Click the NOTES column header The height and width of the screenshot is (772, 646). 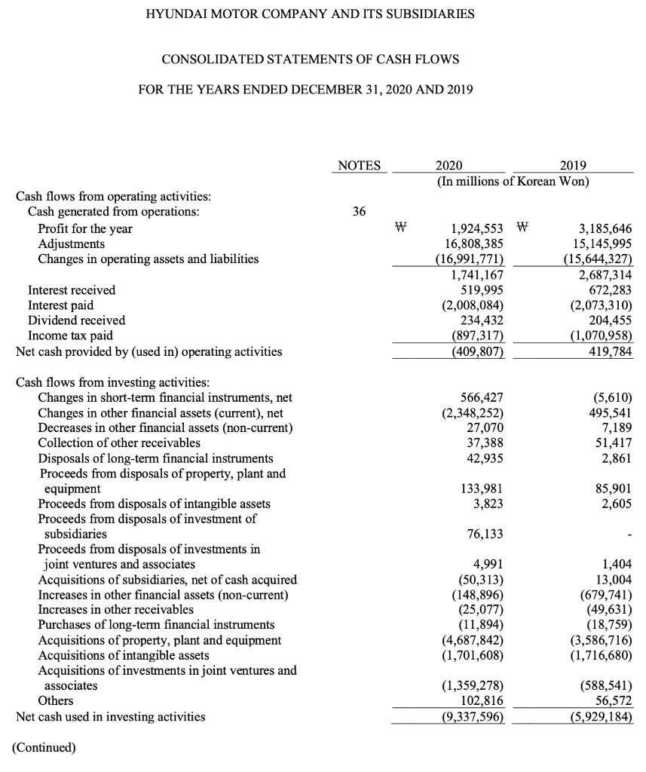tap(359, 166)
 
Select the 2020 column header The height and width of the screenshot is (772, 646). tap(450, 166)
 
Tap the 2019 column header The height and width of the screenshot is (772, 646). tap(574, 166)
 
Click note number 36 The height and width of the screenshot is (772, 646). tap(359, 213)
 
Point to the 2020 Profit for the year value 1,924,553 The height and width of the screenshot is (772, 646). tap(471, 228)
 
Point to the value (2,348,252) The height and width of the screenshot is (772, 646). tap(472, 413)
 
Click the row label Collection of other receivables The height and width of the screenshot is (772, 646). tap(119, 443)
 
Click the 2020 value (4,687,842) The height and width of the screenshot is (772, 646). tap(472, 640)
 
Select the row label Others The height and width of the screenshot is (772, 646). tap(55, 701)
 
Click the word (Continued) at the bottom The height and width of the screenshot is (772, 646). tap(44, 748)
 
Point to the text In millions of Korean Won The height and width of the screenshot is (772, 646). tap(512, 182)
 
